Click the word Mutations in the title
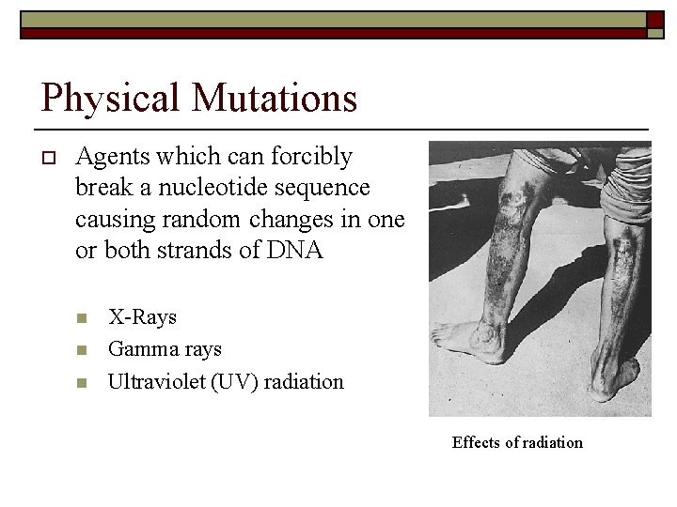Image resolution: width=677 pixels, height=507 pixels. coord(273,98)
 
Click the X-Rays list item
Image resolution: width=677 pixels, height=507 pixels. coord(142,317)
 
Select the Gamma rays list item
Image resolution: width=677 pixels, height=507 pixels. coord(165,349)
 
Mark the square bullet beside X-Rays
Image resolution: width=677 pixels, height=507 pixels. coord(81,318)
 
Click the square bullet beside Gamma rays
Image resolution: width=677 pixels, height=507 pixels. coord(81,350)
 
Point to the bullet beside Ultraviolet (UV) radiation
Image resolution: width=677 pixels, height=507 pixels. coord(81,382)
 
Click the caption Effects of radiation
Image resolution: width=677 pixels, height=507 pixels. coord(517,442)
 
